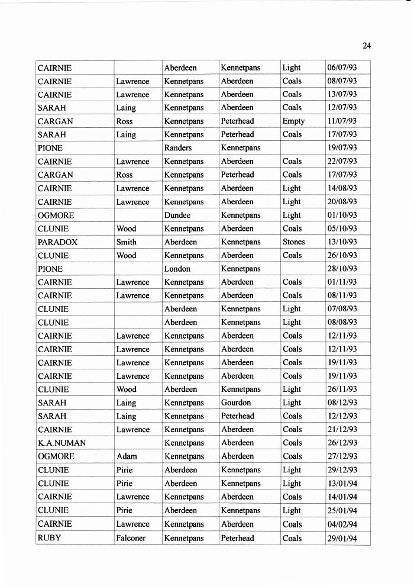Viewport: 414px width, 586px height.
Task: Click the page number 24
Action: pos(366,46)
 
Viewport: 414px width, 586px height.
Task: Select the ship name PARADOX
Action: pos(57,242)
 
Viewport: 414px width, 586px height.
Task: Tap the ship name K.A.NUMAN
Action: pos(62,443)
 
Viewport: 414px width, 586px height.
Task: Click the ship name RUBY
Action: pos(49,538)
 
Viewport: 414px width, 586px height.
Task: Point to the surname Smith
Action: pos(126,242)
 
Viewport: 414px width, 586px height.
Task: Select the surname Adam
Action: pos(127,456)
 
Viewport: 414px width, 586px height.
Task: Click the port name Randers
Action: pos(177,148)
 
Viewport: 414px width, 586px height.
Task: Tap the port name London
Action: pos(177,269)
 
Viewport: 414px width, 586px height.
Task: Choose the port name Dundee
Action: pos(177,215)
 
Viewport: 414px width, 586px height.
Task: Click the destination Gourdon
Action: pos(236,403)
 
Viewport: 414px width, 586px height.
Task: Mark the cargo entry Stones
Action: pos(293,242)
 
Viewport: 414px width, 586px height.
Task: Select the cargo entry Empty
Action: pos(293,121)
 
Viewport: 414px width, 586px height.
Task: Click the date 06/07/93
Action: pos(342,67)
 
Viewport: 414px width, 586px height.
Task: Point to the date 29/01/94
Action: pos(342,538)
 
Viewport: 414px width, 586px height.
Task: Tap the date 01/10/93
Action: pos(342,215)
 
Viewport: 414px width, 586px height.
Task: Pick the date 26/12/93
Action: pos(342,443)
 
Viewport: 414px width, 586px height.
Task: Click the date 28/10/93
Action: pos(342,269)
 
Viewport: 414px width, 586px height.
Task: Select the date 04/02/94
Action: pos(342,524)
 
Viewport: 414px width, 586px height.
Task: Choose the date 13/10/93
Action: pos(342,242)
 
